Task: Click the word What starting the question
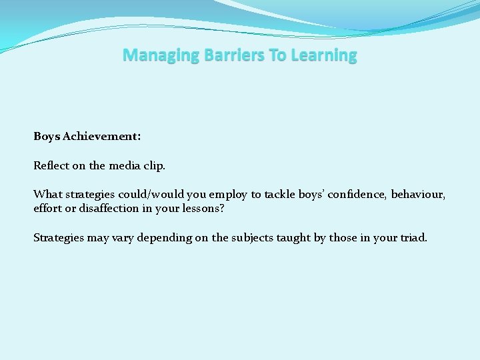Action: point(47,195)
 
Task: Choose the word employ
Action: point(228,195)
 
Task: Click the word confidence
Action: point(356,195)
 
